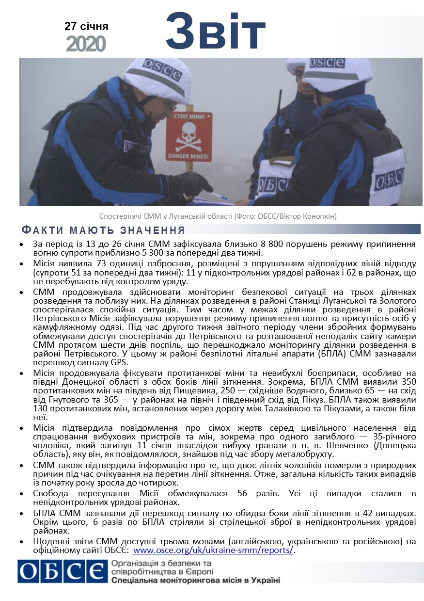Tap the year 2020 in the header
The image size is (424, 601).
[x=86, y=44]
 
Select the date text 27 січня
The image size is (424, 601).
[x=86, y=26]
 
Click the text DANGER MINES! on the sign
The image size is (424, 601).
[x=188, y=156]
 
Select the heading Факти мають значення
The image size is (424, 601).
[x=103, y=230]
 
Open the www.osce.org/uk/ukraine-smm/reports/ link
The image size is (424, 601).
[x=213, y=551]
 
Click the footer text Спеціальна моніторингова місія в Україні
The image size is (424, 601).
[x=195, y=580]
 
